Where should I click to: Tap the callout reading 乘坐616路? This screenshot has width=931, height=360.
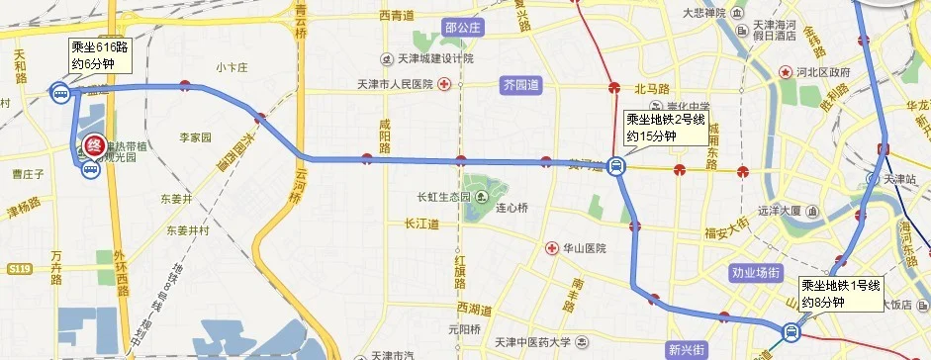pos(99,54)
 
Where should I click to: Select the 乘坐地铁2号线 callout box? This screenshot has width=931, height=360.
pos(665,128)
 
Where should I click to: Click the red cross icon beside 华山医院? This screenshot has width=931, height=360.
pos(551,247)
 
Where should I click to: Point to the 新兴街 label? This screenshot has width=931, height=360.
pos(686,350)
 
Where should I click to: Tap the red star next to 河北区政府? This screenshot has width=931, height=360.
pos(786,72)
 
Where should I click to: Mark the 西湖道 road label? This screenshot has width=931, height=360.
pos(471,308)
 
